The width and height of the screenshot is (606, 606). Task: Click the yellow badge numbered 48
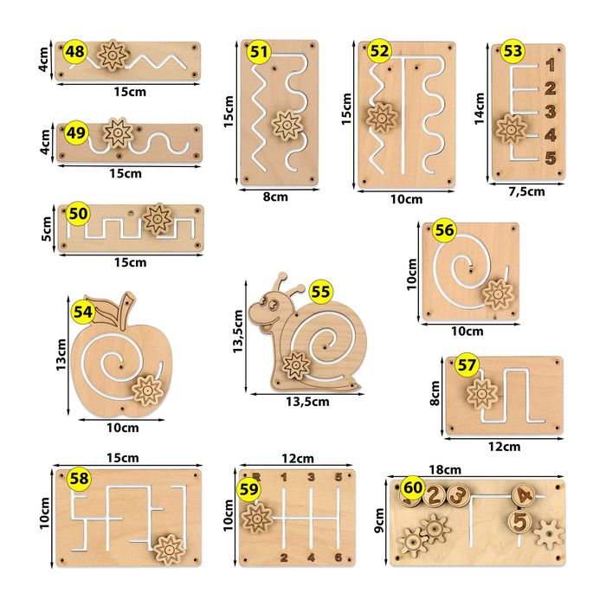tap(75, 51)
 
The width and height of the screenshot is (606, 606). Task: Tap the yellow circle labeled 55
tap(321, 292)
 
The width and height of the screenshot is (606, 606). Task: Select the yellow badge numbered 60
tap(413, 487)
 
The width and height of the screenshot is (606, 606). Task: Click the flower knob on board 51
tap(287, 125)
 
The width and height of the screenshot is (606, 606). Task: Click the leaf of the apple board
tap(105, 310)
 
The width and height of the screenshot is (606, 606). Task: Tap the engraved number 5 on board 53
tap(551, 158)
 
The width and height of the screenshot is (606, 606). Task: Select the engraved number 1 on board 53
tap(551, 65)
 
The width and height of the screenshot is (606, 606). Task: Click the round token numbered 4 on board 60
tap(524, 495)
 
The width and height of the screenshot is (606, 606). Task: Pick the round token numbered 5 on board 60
tap(519, 521)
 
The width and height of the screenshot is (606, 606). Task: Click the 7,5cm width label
tap(526, 191)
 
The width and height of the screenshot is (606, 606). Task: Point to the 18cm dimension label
tap(445, 469)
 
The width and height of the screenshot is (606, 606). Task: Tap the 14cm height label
tap(480, 108)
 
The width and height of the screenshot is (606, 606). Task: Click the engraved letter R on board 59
tap(256, 477)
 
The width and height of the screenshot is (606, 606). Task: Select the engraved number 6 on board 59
tap(338, 558)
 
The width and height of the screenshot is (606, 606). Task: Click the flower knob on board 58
tap(169, 549)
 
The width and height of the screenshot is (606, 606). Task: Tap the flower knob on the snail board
tap(296, 365)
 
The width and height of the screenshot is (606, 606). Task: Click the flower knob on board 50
tap(158, 219)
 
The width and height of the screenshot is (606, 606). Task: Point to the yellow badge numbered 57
tap(467, 364)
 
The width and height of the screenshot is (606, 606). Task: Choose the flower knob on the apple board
tap(147, 390)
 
